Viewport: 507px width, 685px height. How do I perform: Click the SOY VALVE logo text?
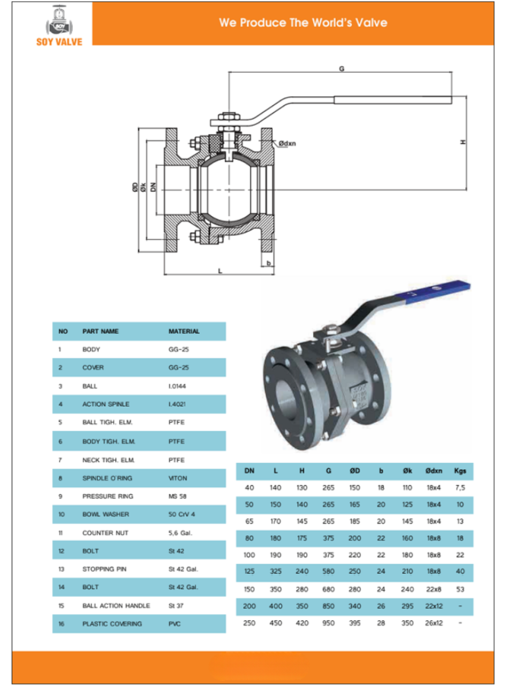click(59, 42)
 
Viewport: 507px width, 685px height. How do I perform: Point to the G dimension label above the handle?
click(342, 68)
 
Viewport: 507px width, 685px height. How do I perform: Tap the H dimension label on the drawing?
click(463, 142)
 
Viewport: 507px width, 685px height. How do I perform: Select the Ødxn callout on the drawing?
click(287, 143)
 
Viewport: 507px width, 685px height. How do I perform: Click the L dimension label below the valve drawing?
click(220, 271)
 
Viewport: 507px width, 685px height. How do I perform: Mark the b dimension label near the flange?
click(268, 263)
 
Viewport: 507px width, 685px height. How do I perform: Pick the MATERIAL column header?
click(184, 331)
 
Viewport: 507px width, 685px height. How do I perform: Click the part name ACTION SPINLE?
click(105, 404)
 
